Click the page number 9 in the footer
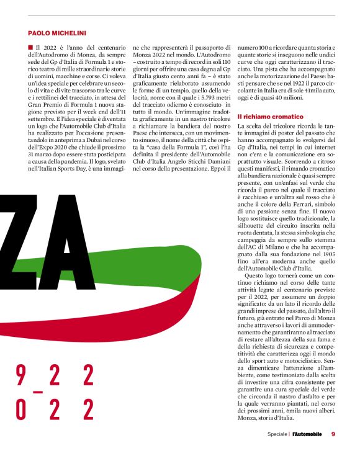click(333, 434)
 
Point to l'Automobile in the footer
click(307, 434)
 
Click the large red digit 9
click(20, 375)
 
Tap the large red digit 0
click(20, 410)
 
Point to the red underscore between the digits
click(38, 392)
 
